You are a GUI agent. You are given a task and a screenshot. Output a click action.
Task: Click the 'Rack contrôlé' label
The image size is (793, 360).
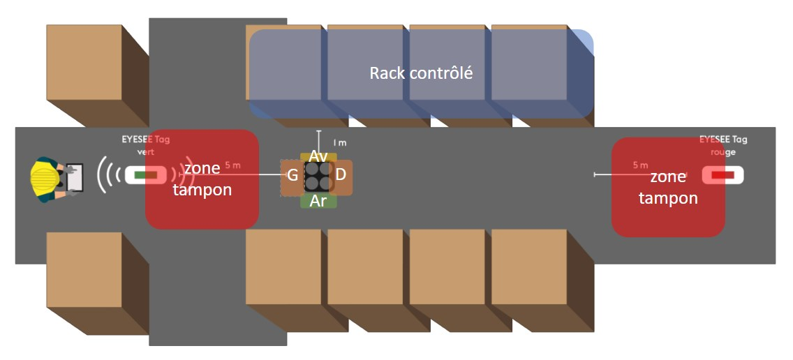click(x=421, y=73)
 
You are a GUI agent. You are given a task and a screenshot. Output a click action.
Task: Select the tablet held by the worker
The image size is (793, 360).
click(x=73, y=178)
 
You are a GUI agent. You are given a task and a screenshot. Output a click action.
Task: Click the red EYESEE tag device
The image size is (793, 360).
click(x=722, y=174)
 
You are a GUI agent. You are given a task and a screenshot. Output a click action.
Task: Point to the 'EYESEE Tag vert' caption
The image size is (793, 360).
click(x=145, y=145)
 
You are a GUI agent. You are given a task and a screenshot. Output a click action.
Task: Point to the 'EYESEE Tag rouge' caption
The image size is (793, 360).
click(x=722, y=145)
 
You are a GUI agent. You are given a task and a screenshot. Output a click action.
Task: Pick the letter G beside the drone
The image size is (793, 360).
click(x=293, y=175)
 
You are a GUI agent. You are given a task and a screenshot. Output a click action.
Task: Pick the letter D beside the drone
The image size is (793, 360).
click(x=341, y=175)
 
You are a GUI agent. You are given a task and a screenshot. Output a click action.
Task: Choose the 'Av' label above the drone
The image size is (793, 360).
click(x=318, y=156)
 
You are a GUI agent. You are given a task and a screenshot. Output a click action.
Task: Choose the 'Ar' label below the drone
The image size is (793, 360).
click(x=318, y=201)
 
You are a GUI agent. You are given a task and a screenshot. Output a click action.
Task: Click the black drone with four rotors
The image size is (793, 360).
click(x=318, y=177)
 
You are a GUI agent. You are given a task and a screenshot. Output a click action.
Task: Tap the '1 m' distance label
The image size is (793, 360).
click(x=340, y=143)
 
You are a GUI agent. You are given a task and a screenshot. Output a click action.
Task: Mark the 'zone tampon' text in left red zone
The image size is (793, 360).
click(x=202, y=179)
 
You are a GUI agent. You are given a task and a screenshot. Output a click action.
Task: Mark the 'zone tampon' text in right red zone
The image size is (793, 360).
click(x=668, y=188)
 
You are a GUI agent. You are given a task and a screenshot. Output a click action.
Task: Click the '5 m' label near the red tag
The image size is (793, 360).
click(x=640, y=165)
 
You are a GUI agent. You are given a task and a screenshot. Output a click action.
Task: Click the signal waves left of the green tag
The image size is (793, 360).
click(x=105, y=174)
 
